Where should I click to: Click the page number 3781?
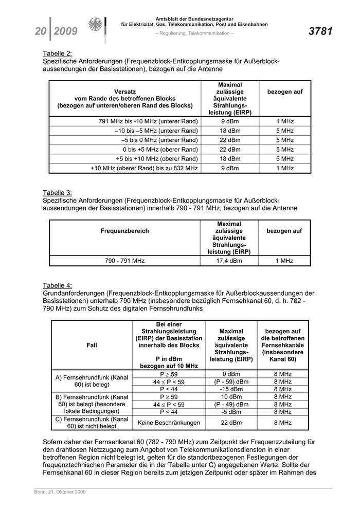pos(320,32)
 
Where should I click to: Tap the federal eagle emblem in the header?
pos(95,26)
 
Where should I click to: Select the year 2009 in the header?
pos(65,32)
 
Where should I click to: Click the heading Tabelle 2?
pos(57,53)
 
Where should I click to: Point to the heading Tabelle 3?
pos(57,193)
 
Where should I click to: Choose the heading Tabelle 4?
pos(57,285)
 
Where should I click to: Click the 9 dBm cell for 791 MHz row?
pos(230,121)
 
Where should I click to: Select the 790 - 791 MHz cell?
pos(124,261)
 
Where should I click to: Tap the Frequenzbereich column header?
pos(124,231)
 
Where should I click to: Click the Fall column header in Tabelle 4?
pos(92,346)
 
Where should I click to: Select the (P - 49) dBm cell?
pos(231,404)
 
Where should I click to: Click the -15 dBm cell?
pos(231,389)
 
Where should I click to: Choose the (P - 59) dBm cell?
pos(231,382)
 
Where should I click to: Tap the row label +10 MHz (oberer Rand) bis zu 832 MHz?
pos(144,168)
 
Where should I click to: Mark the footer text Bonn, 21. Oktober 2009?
pos(57,492)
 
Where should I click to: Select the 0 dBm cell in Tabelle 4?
pos(231,374)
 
